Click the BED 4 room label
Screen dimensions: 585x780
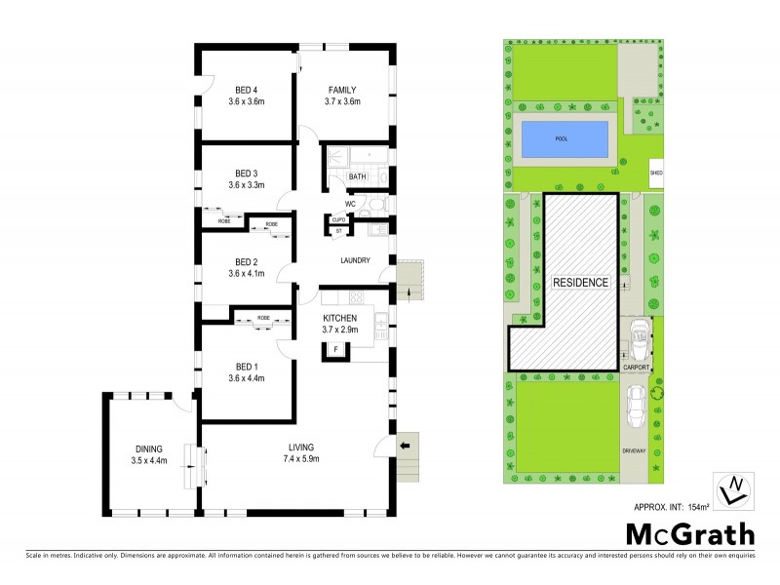pos(246,90)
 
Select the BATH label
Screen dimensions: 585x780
pos(357,176)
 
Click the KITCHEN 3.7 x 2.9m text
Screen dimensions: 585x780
pos(340,324)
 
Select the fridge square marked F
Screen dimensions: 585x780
pos(336,348)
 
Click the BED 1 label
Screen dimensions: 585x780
pos(246,370)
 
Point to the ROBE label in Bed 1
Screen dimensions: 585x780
pos(263,318)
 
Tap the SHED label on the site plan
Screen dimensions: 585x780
pos(656,175)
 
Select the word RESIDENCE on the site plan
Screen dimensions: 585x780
pos(580,283)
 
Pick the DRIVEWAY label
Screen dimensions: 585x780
pos(635,450)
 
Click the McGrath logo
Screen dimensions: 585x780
pos(689,533)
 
